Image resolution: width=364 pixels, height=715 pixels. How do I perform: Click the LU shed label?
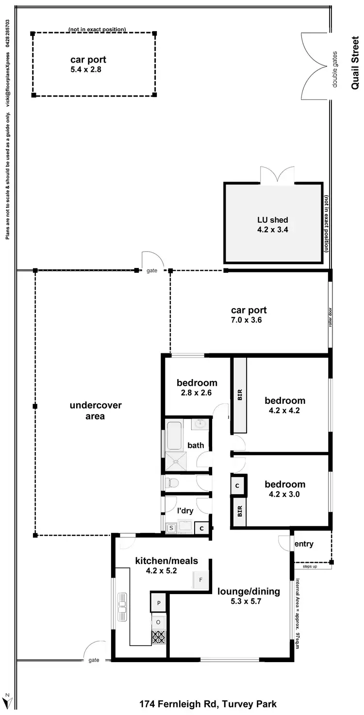point(273,220)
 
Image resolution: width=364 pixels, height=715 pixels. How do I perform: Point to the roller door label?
point(330,316)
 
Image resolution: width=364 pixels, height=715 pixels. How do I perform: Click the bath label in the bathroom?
point(196,445)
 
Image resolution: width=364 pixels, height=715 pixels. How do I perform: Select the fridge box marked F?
point(200,580)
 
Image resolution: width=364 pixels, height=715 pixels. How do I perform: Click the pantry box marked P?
point(159,603)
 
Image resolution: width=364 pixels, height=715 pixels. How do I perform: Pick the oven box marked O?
point(159,621)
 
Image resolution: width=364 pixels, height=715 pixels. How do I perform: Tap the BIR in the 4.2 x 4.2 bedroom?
point(239,395)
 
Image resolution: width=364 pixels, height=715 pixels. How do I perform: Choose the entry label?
point(304,544)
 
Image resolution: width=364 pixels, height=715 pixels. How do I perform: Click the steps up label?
point(310,566)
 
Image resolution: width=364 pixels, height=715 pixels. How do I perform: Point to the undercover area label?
point(96,411)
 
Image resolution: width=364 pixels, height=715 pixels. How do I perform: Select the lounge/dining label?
point(248,591)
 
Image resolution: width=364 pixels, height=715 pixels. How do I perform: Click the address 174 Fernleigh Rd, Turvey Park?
point(208,704)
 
